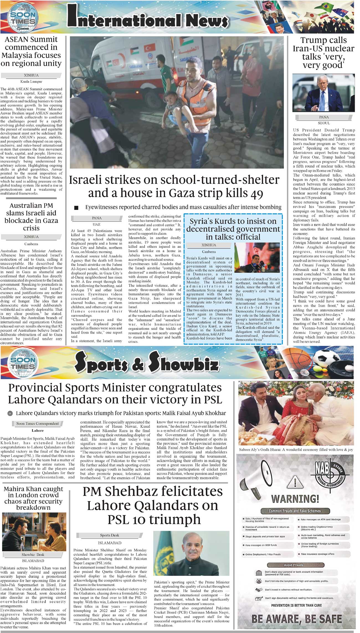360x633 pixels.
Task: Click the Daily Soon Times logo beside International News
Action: point(23,18)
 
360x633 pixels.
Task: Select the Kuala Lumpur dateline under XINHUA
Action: point(31,81)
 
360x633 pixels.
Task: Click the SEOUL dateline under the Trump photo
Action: point(324,123)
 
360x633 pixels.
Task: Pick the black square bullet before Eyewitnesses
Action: point(76,207)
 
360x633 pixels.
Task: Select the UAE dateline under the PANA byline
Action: point(97,224)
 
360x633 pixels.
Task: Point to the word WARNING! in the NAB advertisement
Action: point(295,499)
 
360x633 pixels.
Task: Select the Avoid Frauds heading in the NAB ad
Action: point(293,565)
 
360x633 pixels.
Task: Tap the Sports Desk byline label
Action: point(109,535)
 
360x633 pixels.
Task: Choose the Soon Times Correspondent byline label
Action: point(37,423)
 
